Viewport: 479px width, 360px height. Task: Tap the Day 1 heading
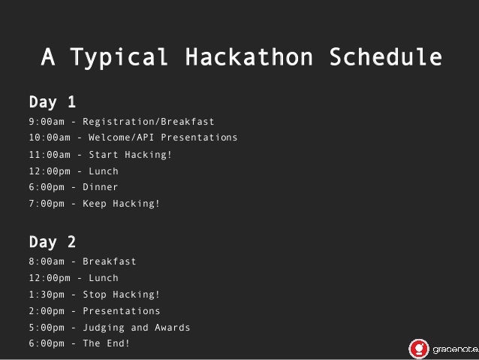[x=52, y=101]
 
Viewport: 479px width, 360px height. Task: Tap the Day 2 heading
[x=52, y=242]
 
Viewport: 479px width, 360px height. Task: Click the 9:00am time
[x=47, y=122]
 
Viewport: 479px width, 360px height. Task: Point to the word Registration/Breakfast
[x=148, y=122]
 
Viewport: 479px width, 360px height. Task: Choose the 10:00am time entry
[x=50, y=138]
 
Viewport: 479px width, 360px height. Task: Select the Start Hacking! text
[x=130, y=155]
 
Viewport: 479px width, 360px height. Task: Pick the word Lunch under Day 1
[x=104, y=171]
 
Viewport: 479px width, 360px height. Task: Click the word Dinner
[x=100, y=187]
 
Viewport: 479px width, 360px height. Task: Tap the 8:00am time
[x=47, y=262]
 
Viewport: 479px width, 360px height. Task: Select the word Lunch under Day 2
[x=104, y=279]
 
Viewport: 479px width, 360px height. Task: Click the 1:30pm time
[x=47, y=295]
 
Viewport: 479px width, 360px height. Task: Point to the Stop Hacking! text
[x=121, y=295]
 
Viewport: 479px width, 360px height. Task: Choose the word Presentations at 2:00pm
[x=121, y=311]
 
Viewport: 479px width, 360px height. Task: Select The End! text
[x=106, y=343]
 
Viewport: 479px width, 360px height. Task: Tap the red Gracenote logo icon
[x=418, y=348]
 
